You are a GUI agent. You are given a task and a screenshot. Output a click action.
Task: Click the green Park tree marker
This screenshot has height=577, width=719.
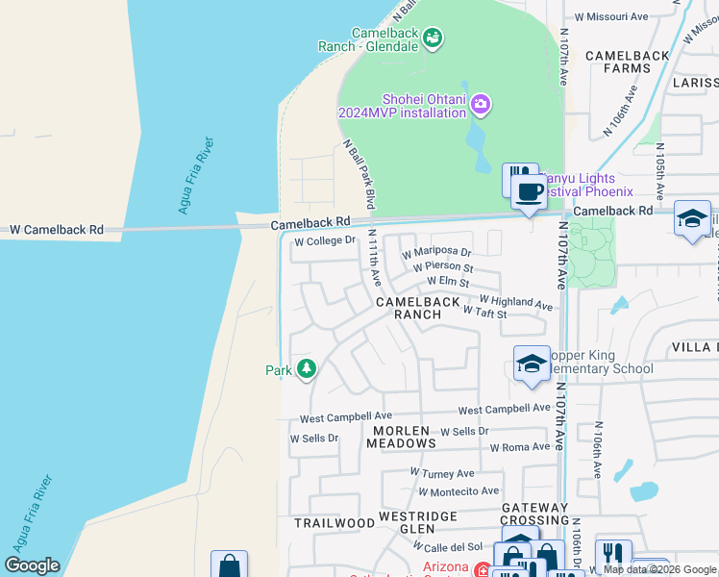[x=307, y=369]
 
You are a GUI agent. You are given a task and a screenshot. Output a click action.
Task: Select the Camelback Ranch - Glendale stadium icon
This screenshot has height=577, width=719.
[x=434, y=38]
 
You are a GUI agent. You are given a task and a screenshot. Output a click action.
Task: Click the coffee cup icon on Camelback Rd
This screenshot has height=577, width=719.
[x=529, y=190]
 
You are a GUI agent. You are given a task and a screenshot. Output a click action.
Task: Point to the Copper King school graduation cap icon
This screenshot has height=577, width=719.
[x=532, y=364]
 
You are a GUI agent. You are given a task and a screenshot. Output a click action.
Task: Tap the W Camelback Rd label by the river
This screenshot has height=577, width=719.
[x=57, y=231]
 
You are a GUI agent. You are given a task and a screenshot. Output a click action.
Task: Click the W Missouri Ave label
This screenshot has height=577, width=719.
[x=611, y=16]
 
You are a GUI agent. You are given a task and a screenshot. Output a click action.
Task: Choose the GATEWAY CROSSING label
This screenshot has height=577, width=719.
[x=535, y=514]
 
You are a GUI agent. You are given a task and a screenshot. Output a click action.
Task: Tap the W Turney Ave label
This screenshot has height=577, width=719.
[x=442, y=473]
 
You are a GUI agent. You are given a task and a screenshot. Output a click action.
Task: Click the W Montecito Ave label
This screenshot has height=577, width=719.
[x=459, y=491]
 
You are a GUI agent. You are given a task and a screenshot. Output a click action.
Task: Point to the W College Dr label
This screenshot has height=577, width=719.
[x=325, y=241]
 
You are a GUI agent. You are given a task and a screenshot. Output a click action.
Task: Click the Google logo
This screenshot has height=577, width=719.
[x=32, y=565]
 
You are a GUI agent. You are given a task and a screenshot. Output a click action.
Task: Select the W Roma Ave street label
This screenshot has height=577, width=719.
[x=520, y=447]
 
